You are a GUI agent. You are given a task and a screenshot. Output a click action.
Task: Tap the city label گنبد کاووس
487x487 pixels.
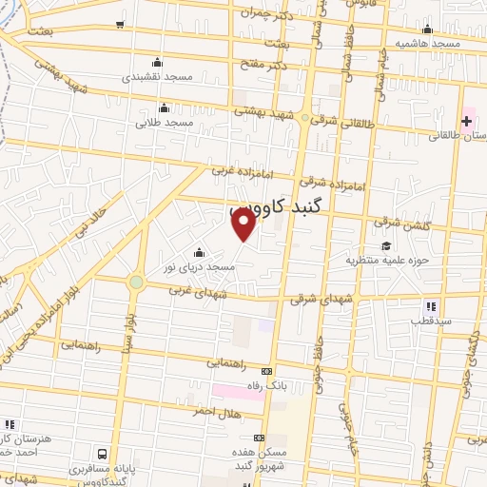coord(281,206)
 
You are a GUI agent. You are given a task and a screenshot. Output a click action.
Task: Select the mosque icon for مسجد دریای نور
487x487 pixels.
coord(199,253)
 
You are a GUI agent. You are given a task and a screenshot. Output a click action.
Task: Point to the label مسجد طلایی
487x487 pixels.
coord(164,123)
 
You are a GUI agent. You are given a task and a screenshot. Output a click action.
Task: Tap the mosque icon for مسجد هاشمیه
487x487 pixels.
coord(427,29)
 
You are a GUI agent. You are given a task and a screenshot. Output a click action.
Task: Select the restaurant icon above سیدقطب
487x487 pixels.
coord(431,306)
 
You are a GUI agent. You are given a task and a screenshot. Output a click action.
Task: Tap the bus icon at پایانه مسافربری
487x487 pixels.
coord(101,454)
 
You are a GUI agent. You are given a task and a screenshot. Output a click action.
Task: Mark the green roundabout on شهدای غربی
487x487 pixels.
coord(137,282)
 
